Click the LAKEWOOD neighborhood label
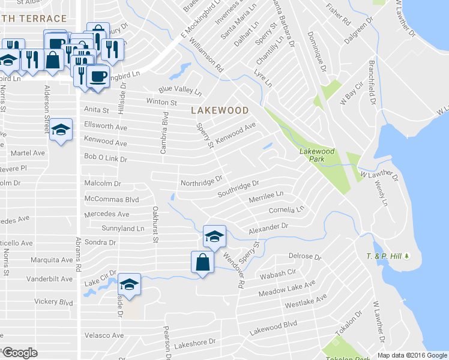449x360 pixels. tap(220, 110)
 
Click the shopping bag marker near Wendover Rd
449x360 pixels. tap(203, 262)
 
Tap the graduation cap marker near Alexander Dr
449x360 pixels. tap(214, 236)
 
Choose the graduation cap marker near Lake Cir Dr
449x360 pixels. tap(129, 284)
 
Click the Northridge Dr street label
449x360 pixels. tap(202, 179)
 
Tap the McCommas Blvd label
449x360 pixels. tap(112, 199)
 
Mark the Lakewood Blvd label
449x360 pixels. tap(274, 328)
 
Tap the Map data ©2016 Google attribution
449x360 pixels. tap(412, 355)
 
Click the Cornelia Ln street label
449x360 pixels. tap(286, 210)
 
